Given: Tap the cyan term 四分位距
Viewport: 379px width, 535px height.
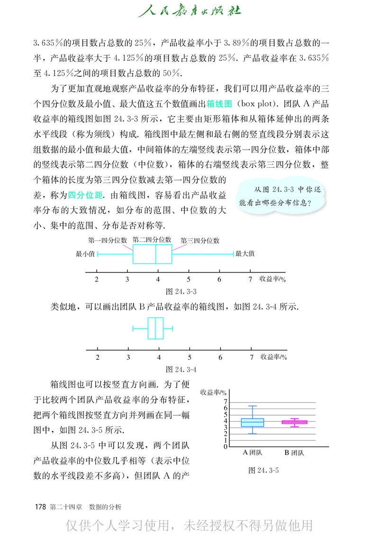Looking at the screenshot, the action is tap(85, 195).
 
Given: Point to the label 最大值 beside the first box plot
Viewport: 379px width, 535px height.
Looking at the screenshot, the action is tap(245, 254).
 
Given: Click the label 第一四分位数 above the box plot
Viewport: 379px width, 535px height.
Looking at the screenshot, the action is tap(108, 241).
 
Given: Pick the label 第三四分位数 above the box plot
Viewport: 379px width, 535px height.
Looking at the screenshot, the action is tap(200, 241).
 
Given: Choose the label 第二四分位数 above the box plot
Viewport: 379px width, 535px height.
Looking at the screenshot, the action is tap(152, 240).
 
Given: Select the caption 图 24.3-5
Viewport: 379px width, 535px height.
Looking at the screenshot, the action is tap(263, 470).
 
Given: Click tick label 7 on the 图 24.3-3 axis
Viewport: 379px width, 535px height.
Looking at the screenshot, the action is tap(250, 279).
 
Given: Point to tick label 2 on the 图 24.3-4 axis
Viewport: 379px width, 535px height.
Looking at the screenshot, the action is tap(98, 357).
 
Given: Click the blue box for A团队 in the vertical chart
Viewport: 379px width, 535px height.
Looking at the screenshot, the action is tap(253, 422).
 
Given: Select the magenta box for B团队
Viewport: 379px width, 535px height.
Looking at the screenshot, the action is tap(295, 422).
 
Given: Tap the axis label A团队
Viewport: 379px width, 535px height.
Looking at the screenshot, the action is tap(253, 453).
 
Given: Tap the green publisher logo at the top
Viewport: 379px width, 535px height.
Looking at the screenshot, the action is tap(189, 10).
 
